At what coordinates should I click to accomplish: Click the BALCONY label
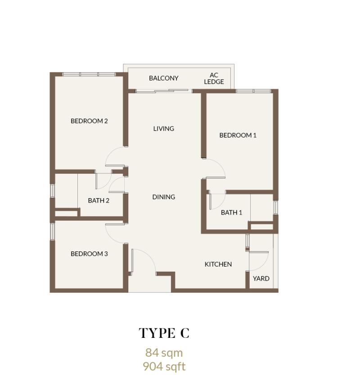163,78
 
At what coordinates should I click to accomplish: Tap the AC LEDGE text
214,78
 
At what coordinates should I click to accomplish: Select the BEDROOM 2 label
89,121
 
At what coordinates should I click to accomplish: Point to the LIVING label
163,129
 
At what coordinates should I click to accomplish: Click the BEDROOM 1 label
238,135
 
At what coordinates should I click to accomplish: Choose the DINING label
163,197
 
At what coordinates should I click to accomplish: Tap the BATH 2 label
99,200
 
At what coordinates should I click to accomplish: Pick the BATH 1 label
231,213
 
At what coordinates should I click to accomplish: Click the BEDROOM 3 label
89,254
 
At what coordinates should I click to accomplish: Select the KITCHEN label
218,264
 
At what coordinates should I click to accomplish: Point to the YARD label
261,278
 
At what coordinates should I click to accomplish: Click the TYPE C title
164,333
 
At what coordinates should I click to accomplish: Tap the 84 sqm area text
164,353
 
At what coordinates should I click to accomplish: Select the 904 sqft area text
164,366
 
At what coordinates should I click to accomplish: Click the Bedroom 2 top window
89,74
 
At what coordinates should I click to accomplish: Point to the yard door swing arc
264,265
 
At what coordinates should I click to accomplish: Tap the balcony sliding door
162,91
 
